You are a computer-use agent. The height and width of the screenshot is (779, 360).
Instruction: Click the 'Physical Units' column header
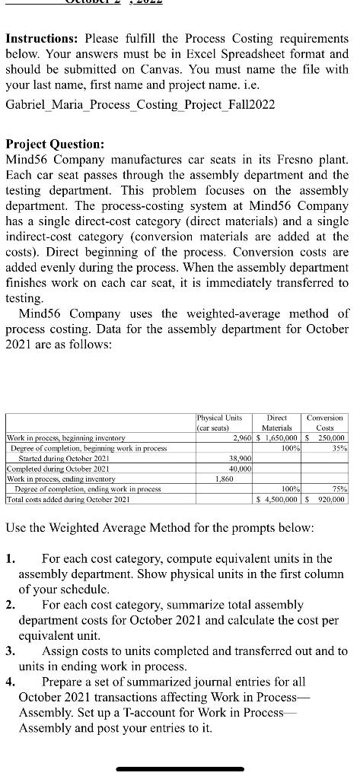point(219,422)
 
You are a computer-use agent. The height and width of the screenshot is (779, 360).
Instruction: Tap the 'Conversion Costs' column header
point(325,422)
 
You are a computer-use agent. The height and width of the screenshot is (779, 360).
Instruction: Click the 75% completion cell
point(338,489)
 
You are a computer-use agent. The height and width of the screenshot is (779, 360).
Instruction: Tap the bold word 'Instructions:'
point(42,37)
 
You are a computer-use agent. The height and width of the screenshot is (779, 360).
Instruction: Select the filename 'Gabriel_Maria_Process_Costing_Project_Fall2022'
point(140,103)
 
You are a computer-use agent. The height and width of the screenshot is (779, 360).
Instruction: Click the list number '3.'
point(11,651)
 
